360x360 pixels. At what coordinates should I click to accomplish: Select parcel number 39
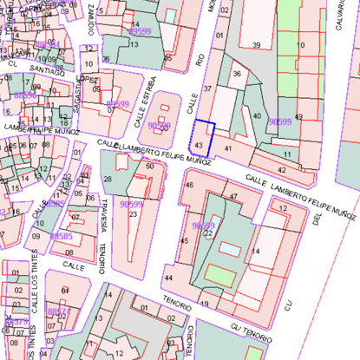[256, 44]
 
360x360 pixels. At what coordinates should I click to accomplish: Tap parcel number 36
[236, 74]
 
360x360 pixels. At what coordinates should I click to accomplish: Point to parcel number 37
[207, 88]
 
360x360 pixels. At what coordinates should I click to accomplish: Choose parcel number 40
[256, 115]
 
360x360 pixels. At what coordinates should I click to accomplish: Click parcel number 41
[228, 149]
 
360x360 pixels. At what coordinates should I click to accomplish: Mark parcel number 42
[282, 168]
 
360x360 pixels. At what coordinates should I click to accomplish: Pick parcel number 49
[299, 116]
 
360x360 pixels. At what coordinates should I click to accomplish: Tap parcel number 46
[189, 185]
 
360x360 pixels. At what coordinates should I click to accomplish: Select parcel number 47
[232, 197]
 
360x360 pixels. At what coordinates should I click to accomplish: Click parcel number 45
[184, 240]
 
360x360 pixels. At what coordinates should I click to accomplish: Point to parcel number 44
[168, 278]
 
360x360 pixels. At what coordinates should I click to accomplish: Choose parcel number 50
[149, 166]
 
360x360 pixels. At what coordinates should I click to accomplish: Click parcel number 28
[108, 179]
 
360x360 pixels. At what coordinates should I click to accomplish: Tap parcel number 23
[132, 213]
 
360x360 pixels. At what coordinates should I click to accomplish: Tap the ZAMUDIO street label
[91, 19]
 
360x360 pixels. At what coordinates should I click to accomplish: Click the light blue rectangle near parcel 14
[231, 249]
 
